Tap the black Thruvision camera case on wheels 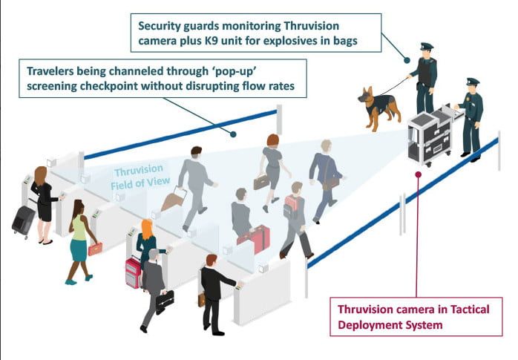[430, 137]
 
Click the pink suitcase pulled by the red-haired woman [134, 272]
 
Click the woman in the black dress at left [43, 202]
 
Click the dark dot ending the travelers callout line [234, 134]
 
